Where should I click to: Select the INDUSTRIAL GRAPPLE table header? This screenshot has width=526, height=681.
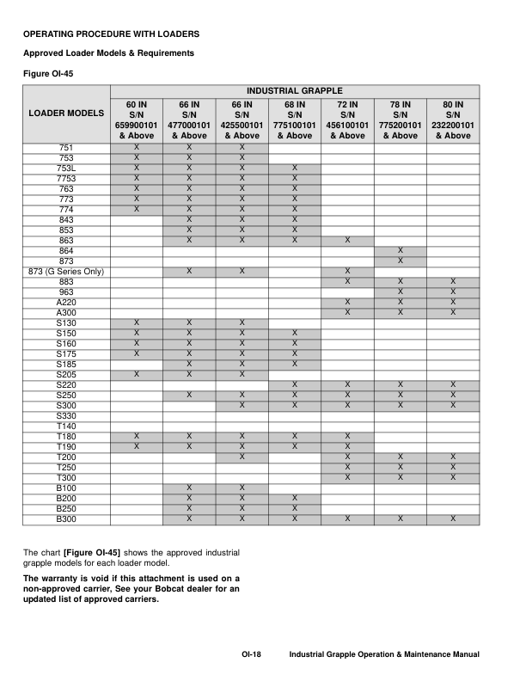coord(295,90)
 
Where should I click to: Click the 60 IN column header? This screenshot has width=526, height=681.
coord(137,120)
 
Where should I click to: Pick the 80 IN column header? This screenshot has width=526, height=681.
coord(453,120)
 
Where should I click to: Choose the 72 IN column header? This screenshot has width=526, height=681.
coord(347,120)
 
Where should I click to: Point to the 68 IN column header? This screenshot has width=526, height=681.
coord(295,120)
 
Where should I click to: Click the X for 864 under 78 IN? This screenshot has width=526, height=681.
coord(401,250)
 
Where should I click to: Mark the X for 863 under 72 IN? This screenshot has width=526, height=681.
coord(347,240)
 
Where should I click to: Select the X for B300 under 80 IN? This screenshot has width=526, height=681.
coord(453,519)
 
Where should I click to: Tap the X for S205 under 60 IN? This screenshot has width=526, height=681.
coord(137,374)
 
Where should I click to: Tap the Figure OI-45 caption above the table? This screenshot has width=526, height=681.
coord(48,73)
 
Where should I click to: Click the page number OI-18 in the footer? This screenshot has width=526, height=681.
coord(251,656)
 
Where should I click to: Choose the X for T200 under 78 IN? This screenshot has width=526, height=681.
coord(401,457)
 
